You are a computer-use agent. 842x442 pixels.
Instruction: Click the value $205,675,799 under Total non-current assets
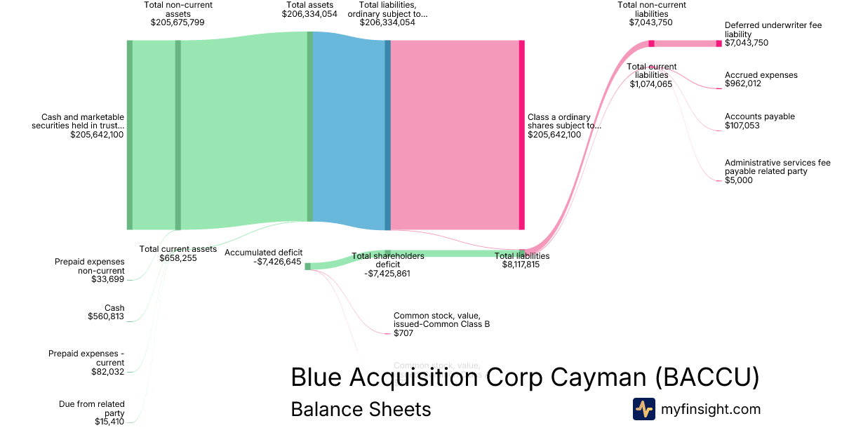tap(178, 22)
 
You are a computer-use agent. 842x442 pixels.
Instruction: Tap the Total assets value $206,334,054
tap(309, 14)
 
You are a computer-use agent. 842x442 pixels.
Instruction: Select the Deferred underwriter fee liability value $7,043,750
tap(747, 43)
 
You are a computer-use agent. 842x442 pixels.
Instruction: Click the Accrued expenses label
tap(761, 75)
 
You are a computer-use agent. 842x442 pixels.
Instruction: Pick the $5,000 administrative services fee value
tap(739, 180)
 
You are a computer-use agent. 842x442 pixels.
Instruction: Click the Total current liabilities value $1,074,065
tap(651, 84)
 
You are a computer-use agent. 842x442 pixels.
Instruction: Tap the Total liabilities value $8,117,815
tap(521, 265)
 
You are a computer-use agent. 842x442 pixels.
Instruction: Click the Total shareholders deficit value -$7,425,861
tap(387, 274)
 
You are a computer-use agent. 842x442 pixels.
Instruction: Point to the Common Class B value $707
tap(403, 333)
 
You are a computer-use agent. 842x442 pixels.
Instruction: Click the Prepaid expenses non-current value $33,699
tap(108, 279)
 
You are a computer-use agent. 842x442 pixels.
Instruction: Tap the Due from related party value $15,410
tap(109, 422)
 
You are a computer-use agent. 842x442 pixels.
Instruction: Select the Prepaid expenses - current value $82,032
tap(108, 371)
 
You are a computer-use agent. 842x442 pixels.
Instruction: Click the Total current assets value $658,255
tap(178, 258)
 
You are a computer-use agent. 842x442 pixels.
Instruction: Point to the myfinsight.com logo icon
tap(643, 409)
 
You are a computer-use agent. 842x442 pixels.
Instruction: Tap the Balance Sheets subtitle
tap(361, 409)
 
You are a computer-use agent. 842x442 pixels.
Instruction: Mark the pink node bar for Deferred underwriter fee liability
tap(719, 43)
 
